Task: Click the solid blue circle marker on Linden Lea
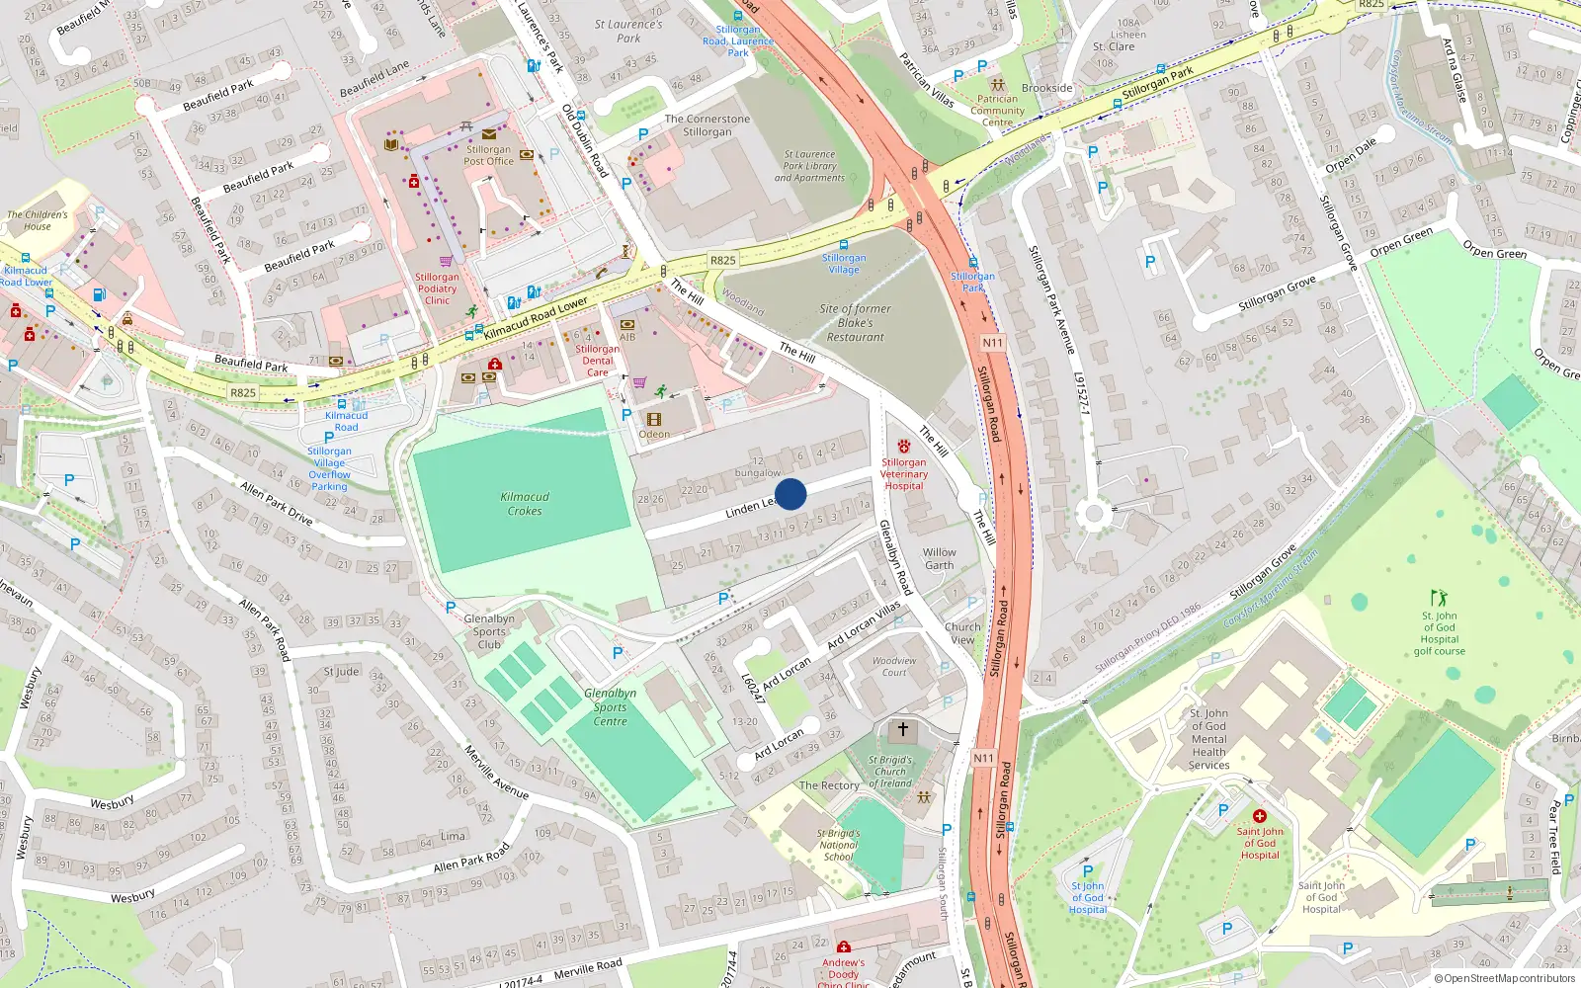point(790,494)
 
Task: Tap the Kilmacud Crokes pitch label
point(525,504)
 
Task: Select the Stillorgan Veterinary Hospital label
point(904,474)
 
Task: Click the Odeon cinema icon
point(653,420)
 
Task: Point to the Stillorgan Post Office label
point(488,155)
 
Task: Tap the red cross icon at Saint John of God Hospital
point(1259,817)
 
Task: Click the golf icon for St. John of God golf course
point(1439,598)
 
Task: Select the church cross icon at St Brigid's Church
point(902,730)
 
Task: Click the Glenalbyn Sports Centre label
point(610,707)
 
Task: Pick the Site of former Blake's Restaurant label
point(855,323)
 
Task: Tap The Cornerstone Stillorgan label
point(707,125)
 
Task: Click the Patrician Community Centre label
point(997,111)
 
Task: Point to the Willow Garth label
point(940,559)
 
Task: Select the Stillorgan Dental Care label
point(598,361)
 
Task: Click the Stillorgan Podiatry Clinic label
point(437,288)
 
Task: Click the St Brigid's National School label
point(838,845)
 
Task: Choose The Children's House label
point(38,220)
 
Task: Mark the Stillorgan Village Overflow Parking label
point(329,468)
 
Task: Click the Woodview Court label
point(894,667)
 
